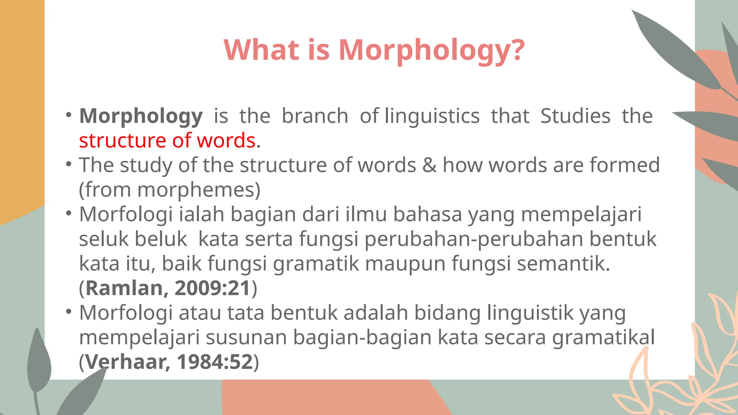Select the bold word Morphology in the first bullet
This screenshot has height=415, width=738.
(x=141, y=116)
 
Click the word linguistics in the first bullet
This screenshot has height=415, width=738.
(x=432, y=116)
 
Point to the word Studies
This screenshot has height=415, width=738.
(x=575, y=116)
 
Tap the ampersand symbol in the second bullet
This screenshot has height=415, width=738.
(x=429, y=165)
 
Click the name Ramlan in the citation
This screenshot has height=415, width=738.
(x=124, y=288)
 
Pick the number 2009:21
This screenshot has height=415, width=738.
(x=213, y=288)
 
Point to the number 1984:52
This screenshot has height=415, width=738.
(x=215, y=362)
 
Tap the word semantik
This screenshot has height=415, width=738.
(x=563, y=263)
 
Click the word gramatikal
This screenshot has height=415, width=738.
(x=604, y=338)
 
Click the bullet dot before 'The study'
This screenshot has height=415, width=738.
(x=69, y=164)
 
